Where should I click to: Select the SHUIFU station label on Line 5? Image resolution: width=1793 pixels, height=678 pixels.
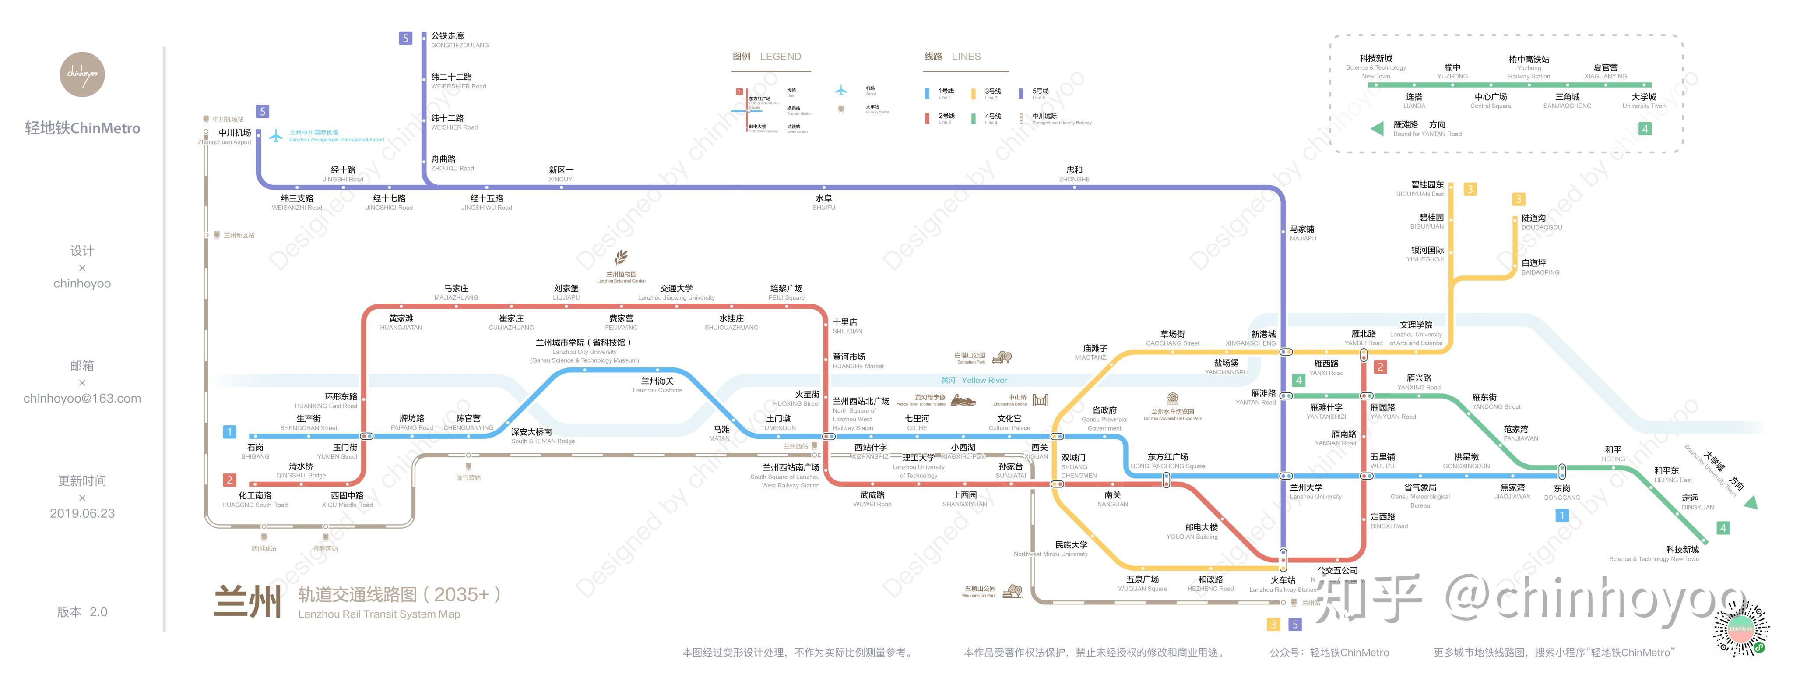[823, 202]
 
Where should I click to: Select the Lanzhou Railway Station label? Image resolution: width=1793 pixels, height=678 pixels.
[1282, 585]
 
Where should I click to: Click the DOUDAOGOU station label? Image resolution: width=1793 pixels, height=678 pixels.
[1541, 222]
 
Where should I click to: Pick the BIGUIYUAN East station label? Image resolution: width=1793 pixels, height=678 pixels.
[1420, 189]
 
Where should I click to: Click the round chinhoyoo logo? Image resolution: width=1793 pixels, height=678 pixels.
[82, 74]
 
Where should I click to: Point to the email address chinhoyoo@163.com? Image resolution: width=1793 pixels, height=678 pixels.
[82, 398]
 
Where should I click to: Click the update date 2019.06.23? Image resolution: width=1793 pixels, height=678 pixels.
[82, 513]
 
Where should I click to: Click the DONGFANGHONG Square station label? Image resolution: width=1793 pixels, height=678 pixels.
[1167, 461]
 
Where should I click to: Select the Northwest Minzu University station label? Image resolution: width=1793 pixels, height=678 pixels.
[1051, 549]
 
